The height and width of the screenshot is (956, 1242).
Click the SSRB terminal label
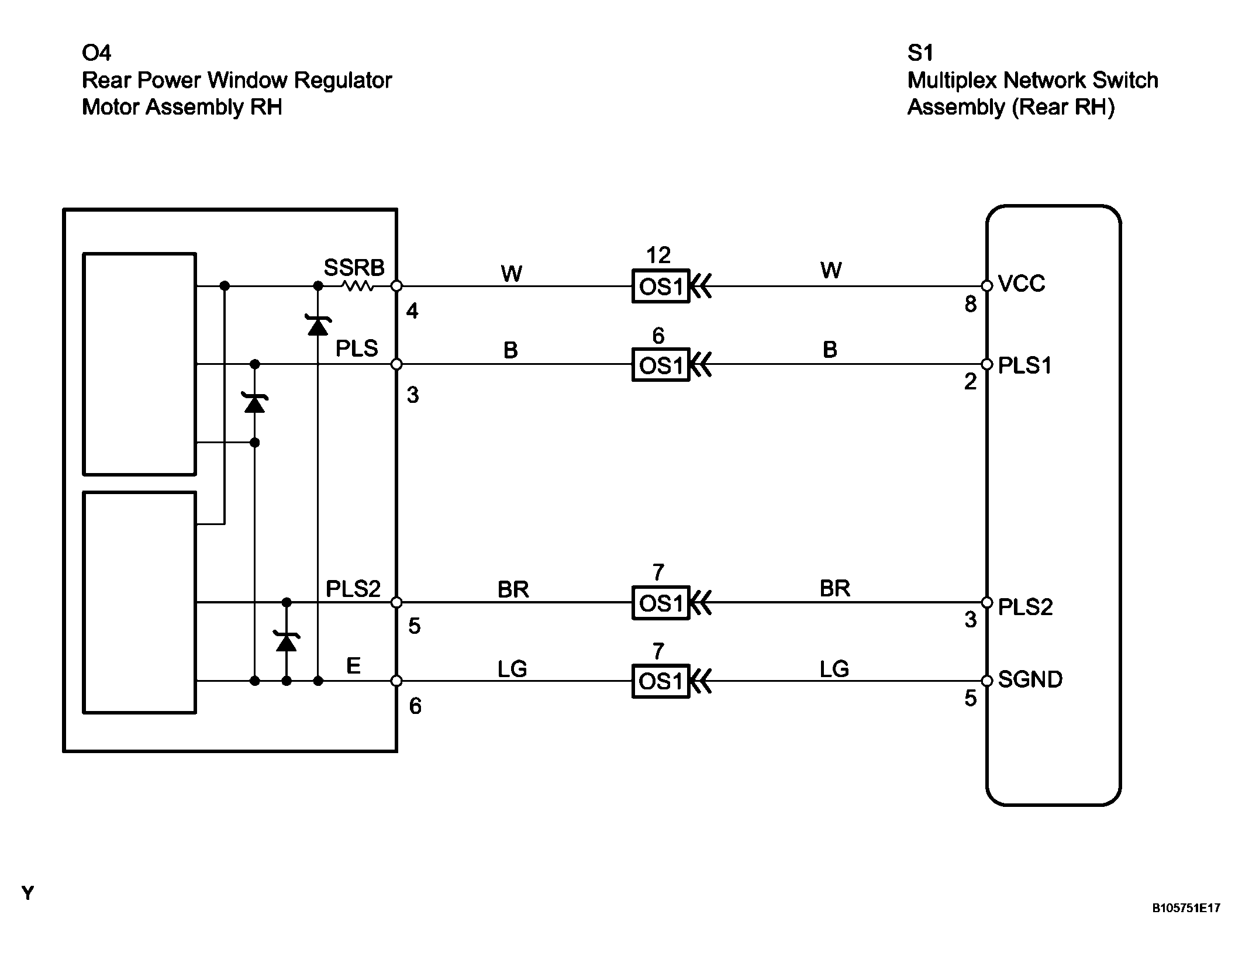(354, 268)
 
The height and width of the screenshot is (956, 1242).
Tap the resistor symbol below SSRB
(357, 286)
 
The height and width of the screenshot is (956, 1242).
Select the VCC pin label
(1022, 284)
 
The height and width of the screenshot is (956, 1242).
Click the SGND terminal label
(1030, 679)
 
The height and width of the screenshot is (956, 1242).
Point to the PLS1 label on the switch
(1025, 365)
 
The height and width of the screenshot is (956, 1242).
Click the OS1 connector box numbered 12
(661, 286)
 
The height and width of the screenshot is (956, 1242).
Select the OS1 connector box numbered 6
(661, 365)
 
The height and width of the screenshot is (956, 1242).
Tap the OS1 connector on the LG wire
(661, 681)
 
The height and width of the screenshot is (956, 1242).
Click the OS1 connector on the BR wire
(661, 602)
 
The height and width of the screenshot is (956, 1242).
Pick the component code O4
(96, 53)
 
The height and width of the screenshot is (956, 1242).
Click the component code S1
(920, 53)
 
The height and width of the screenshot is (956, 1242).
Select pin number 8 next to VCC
(971, 304)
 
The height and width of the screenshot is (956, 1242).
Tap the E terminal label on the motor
(353, 665)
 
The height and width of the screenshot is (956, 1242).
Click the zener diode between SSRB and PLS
(318, 325)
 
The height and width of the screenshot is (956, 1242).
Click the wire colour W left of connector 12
(512, 273)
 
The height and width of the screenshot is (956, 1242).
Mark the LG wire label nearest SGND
(834, 669)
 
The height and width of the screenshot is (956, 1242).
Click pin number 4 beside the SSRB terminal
(412, 311)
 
